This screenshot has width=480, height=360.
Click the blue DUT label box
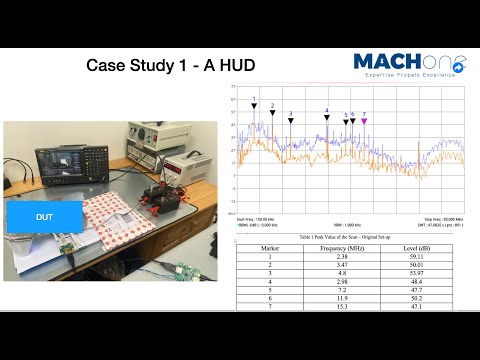44,217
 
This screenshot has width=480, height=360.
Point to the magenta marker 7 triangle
364,121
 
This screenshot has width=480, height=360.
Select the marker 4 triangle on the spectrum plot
327,117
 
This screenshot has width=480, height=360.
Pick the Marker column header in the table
269,247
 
